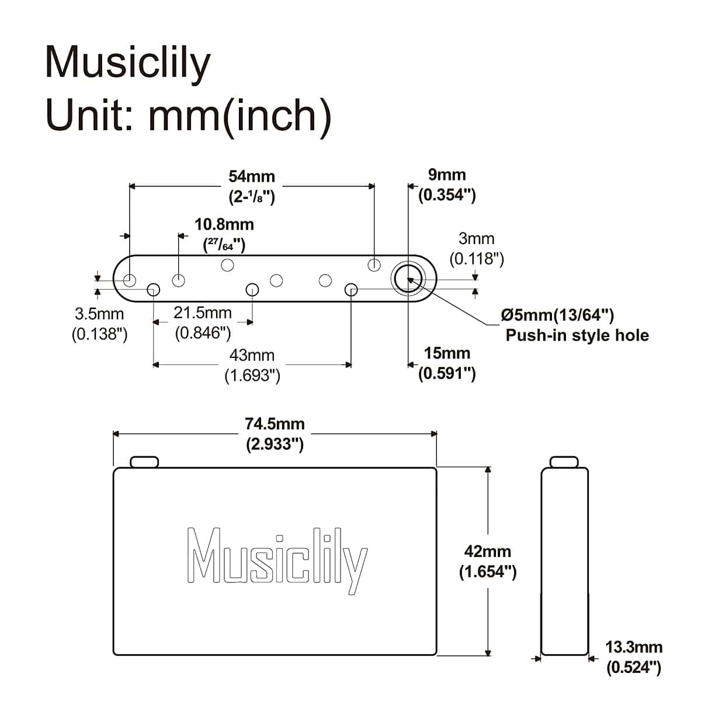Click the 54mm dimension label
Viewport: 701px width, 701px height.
pyautogui.click(x=251, y=177)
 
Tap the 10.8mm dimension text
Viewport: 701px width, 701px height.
pyautogui.click(x=224, y=224)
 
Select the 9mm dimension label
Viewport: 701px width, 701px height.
pyautogui.click(x=447, y=175)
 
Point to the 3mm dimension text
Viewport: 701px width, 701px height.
pyautogui.click(x=476, y=239)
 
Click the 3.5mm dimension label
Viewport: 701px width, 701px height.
pyautogui.click(x=99, y=314)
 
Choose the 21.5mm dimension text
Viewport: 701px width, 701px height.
pyautogui.click(x=203, y=313)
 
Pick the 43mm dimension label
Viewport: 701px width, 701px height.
pyautogui.click(x=252, y=355)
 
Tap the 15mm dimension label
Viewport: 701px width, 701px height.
pyautogui.click(x=447, y=353)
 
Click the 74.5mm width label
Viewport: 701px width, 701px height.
pyautogui.click(x=275, y=424)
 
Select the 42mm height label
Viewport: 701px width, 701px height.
pyautogui.click(x=487, y=551)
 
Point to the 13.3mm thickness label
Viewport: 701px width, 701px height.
pyautogui.click(x=634, y=647)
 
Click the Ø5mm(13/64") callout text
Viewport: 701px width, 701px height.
pyautogui.click(x=557, y=315)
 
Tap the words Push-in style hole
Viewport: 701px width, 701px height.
pyautogui.click(x=577, y=335)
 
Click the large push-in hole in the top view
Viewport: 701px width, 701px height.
pyautogui.click(x=408, y=279)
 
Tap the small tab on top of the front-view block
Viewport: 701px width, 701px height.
pyautogui.click(x=144, y=462)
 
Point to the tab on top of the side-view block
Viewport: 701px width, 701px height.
pyautogui.click(x=564, y=462)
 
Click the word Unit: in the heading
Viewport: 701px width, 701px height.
pyautogui.click(x=89, y=115)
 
